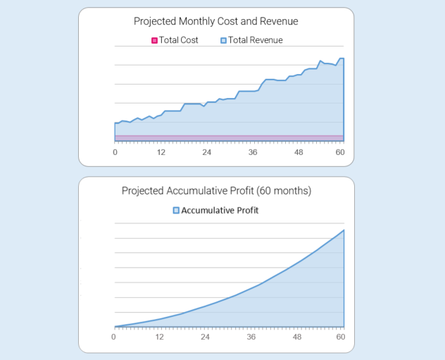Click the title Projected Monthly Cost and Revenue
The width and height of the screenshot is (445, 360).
tap(215, 21)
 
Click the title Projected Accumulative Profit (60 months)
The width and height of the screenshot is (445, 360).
tap(216, 190)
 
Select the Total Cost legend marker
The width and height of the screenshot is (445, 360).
tap(154, 41)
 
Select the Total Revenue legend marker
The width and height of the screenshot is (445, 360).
tap(224, 41)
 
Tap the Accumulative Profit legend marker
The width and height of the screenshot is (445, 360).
tap(176, 210)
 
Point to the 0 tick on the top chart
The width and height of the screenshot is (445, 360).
tap(115, 152)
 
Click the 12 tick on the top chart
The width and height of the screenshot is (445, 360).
tap(161, 152)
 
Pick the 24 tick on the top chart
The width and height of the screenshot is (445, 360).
tap(206, 152)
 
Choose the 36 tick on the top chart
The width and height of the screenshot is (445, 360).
tap(252, 152)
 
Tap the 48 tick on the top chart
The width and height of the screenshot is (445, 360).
tap(298, 152)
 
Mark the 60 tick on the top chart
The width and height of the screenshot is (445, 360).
tap(340, 152)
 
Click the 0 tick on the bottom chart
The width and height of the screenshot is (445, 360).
tap(113, 336)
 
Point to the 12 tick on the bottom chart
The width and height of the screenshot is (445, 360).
tap(159, 336)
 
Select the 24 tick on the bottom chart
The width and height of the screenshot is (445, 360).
tap(205, 336)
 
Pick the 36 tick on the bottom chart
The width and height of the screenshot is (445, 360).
tap(251, 336)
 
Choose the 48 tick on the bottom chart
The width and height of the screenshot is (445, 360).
tap(296, 336)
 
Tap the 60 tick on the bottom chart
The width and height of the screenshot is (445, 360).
tap(341, 336)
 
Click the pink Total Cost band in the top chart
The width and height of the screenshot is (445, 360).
tap(229, 137)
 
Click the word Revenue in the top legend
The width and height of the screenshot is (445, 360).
tap(267, 41)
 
